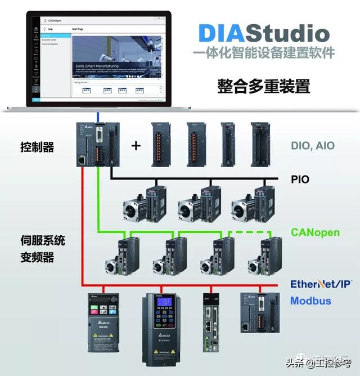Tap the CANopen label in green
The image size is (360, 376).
tap(315, 232)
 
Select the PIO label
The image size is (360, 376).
tap(300, 180)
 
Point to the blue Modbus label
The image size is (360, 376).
tap(310, 301)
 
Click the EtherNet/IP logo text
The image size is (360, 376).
tap(321, 284)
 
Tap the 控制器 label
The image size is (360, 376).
tap(37, 147)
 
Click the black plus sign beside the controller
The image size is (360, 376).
tap(136, 146)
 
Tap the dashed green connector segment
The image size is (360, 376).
tap(247, 232)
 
